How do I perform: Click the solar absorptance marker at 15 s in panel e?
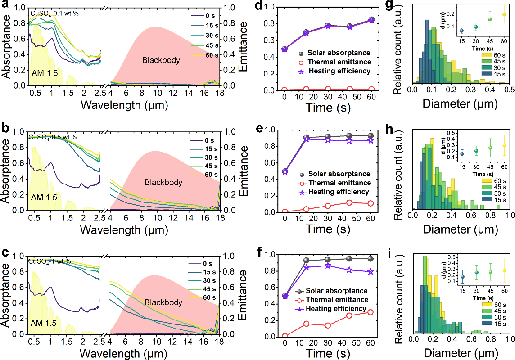pyautogui.click(x=306, y=137)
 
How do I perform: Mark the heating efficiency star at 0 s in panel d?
pyautogui.click(x=285, y=49)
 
